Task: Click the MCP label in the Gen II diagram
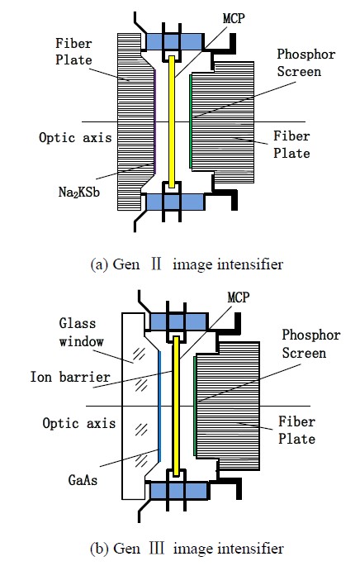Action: pyautogui.click(x=234, y=18)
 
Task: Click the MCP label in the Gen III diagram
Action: pyautogui.click(x=239, y=297)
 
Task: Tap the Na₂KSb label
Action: pyautogui.click(x=79, y=192)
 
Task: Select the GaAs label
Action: pyautogui.click(x=83, y=480)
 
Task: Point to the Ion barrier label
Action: pyautogui.click(x=70, y=377)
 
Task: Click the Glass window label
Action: pyautogui.click(x=82, y=332)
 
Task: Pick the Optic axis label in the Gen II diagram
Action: pyautogui.click(x=75, y=137)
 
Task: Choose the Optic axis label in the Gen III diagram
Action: pyautogui.click(x=79, y=423)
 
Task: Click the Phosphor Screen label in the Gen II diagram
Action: pyautogui.click(x=306, y=63)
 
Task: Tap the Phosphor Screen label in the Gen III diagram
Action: pyautogui.click(x=311, y=344)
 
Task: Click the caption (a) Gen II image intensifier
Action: pyautogui.click(x=187, y=264)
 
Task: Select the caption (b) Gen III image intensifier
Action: pyautogui.click(x=187, y=549)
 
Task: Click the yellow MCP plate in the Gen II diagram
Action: pyautogui.click(x=172, y=121)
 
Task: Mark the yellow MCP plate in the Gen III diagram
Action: pyautogui.click(x=177, y=406)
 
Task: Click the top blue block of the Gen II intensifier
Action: pyautogui.click(x=174, y=42)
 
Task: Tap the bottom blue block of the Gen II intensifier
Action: pyautogui.click(x=174, y=202)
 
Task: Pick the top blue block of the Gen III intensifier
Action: pyautogui.click(x=179, y=321)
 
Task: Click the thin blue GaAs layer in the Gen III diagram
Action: pyautogui.click(x=159, y=406)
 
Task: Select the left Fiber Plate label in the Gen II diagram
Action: pyautogui.click(x=73, y=51)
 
